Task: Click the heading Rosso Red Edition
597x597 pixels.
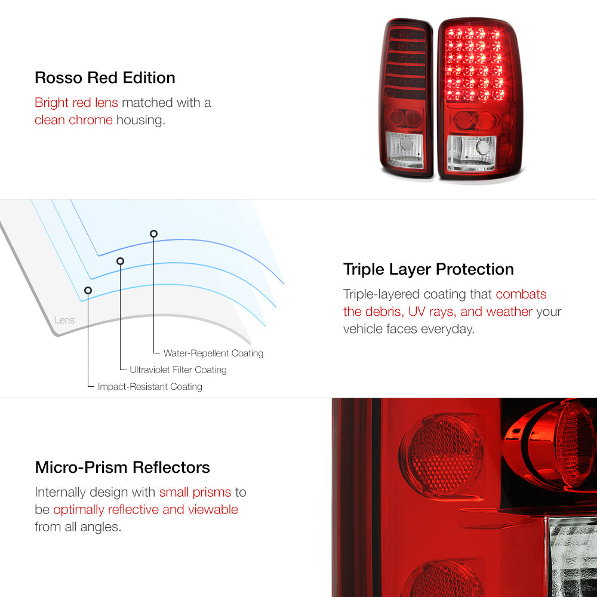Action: point(104,78)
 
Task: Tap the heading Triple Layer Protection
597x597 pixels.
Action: point(428,269)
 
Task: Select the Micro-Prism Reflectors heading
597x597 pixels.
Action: point(122,467)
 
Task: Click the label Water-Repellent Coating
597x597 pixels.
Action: point(213,353)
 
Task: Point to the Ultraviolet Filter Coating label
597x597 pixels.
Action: point(178,370)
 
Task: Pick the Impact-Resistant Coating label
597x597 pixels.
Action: point(150,386)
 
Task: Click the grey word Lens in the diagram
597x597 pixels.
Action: point(64,320)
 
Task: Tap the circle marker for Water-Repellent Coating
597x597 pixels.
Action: point(153,234)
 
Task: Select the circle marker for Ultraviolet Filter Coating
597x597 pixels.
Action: point(121,261)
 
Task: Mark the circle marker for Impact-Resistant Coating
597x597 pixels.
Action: point(88,291)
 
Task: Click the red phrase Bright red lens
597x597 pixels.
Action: point(76,103)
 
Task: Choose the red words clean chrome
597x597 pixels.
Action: point(73,120)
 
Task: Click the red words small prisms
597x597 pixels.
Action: point(195,493)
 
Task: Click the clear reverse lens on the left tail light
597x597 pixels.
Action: point(405,150)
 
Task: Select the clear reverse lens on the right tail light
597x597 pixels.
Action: point(472,153)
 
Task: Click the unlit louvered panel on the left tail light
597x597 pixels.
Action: point(405,63)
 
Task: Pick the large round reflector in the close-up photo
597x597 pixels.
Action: point(441,455)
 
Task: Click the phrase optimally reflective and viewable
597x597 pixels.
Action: point(146,509)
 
